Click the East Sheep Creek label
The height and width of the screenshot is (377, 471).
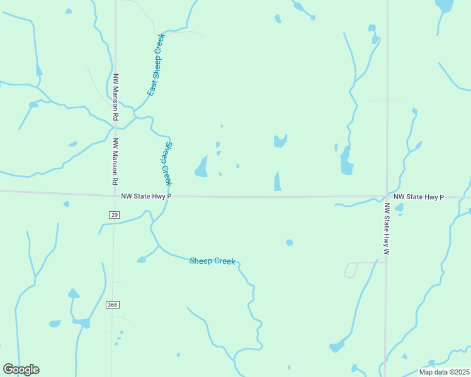(156, 64)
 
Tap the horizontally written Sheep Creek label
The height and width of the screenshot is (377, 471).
(212, 261)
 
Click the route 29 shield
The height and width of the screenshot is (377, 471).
(114, 215)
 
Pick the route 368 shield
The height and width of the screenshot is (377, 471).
(112, 305)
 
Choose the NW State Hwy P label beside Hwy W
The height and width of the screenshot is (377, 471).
(419, 197)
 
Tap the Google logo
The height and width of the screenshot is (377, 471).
(21, 369)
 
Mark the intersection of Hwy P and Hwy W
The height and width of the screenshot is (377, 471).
(387, 197)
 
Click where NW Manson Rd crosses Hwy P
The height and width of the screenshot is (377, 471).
(114, 195)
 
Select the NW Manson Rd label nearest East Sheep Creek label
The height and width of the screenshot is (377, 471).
(116, 97)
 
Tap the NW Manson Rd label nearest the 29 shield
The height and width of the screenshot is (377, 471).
(115, 161)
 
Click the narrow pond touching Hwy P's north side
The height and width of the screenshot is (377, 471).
(278, 182)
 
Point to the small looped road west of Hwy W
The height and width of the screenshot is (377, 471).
(351, 270)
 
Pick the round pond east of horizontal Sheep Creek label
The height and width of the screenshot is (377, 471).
(289, 243)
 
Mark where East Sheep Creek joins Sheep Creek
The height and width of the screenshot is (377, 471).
(134, 115)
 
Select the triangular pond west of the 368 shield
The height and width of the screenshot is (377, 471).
(74, 293)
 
